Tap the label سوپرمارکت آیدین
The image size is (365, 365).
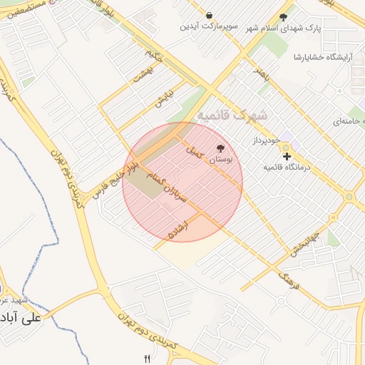pos(208,27)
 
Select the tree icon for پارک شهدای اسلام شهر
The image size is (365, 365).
pos(283,17)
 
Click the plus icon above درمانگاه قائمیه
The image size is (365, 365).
pos(287,155)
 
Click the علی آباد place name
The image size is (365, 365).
pos(22,317)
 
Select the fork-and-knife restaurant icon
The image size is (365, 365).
pos(148,358)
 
